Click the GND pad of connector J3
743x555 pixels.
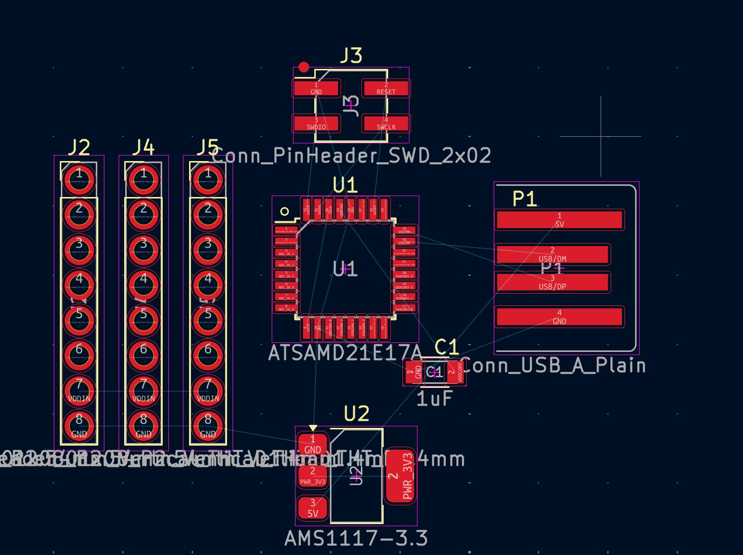[x=316, y=89]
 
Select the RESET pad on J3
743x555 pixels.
[x=386, y=89]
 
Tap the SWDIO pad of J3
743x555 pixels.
[x=316, y=124]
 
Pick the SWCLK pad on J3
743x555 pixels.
[x=386, y=124]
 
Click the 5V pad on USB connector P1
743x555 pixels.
[x=559, y=220]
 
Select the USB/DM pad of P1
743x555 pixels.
[x=552, y=255]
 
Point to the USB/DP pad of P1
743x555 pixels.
[x=552, y=283]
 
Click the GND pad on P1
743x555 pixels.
[x=559, y=317]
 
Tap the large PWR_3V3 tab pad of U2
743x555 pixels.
[x=400, y=477]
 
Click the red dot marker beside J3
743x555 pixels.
[x=304, y=67]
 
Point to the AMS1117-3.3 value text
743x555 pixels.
[x=356, y=538]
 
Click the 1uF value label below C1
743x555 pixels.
[x=434, y=399]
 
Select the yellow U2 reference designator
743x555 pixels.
[x=356, y=414]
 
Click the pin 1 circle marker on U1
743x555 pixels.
[x=284, y=211]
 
